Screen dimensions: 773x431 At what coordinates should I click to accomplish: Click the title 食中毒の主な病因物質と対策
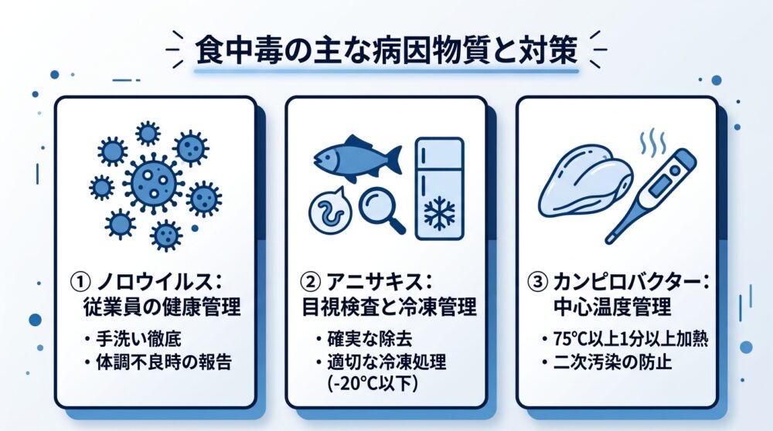click(x=386, y=50)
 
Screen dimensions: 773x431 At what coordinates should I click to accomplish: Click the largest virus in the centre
click(x=153, y=183)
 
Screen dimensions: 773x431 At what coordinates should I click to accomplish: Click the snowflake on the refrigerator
click(x=440, y=213)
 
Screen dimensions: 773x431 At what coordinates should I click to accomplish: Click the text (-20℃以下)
click(x=373, y=383)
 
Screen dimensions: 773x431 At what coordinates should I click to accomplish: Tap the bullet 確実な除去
click(x=369, y=339)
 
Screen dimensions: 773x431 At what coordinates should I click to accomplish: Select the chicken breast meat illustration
click(x=586, y=181)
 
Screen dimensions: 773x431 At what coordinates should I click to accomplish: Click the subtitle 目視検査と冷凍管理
click(x=389, y=307)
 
